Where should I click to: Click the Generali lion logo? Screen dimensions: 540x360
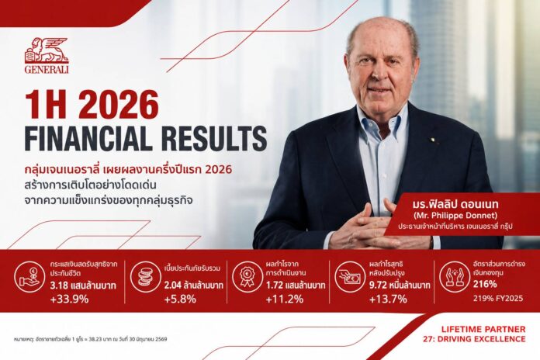[47, 50]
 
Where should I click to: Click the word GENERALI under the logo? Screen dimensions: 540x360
[47, 69]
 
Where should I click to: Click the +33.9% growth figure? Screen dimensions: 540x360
[69, 299]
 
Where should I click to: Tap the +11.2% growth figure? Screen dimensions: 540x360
[285, 299]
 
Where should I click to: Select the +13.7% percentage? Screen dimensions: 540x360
[388, 299]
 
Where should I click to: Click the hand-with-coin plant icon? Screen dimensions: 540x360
[29, 277]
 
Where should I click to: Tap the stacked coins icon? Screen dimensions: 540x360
[145, 277]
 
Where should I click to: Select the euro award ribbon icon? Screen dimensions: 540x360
[247, 277]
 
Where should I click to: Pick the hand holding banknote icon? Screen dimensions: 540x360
[350, 277]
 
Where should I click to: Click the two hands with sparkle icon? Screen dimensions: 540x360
[454, 277]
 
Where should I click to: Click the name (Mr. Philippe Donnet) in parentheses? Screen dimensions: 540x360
[455, 216]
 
